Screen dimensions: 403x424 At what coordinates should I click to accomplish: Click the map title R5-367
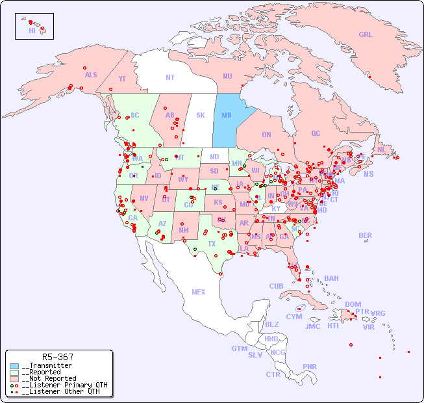click(x=57, y=357)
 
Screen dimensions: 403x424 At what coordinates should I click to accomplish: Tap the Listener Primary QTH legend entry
click(x=62, y=385)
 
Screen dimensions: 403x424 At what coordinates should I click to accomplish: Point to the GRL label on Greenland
click(x=366, y=35)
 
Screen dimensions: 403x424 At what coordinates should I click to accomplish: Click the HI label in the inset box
click(x=32, y=31)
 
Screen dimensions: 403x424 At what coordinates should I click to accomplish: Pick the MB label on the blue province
click(x=227, y=115)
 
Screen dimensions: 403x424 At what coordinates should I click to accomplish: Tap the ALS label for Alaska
click(x=91, y=75)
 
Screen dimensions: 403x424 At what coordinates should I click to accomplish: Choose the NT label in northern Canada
click(x=169, y=77)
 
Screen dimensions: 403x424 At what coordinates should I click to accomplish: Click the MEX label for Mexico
click(x=199, y=292)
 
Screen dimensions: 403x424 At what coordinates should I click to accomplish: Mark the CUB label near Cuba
click(x=276, y=286)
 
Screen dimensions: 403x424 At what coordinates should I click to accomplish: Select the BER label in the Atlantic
click(x=366, y=235)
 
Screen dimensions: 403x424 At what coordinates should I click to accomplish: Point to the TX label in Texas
click(x=211, y=244)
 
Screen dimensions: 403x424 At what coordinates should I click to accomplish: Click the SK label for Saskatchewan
click(x=201, y=115)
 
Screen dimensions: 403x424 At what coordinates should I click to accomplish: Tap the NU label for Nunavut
click(x=227, y=76)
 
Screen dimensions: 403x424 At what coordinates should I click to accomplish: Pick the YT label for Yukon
click(x=122, y=79)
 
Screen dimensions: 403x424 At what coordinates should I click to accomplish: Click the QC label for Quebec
click(x=316, y=133)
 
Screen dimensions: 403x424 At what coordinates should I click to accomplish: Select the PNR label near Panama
click(x=310, y=367)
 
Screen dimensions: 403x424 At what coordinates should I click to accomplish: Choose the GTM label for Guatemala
click(x=239, y=348)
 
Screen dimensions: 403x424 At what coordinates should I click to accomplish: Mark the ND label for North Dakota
click(x=214, y=157)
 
